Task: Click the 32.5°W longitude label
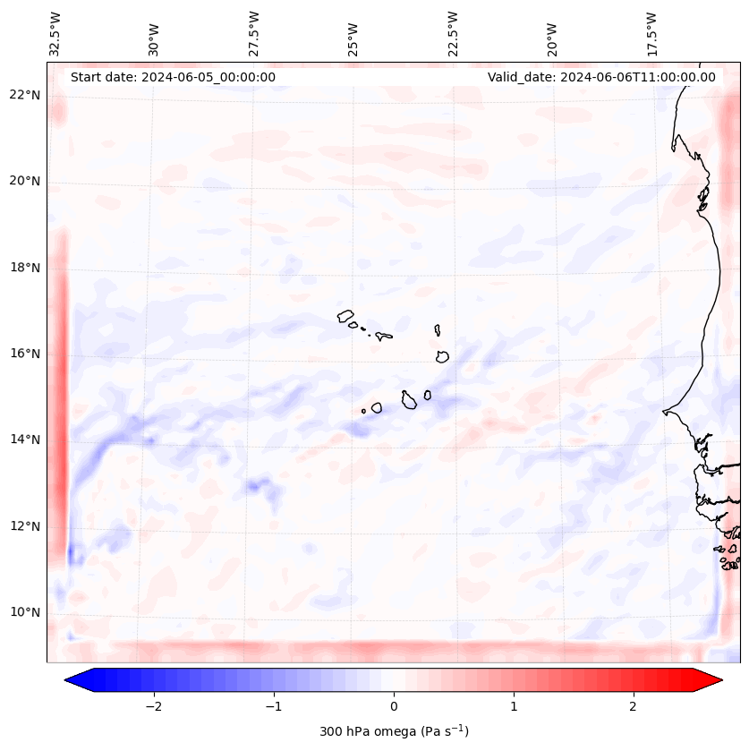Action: point(55,33)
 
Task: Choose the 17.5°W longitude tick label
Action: point(651,33)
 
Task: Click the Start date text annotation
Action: point(173,77)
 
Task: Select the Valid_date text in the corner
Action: point(601,77)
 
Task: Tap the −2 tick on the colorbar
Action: point(153,706)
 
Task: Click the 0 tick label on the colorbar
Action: point(394,706)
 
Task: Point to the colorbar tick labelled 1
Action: point(514,706)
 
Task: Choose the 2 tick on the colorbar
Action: point(634,706)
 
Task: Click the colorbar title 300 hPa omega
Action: point(394,731)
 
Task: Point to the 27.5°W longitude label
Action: point(254,33)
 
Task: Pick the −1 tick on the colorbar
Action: point(273,706)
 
